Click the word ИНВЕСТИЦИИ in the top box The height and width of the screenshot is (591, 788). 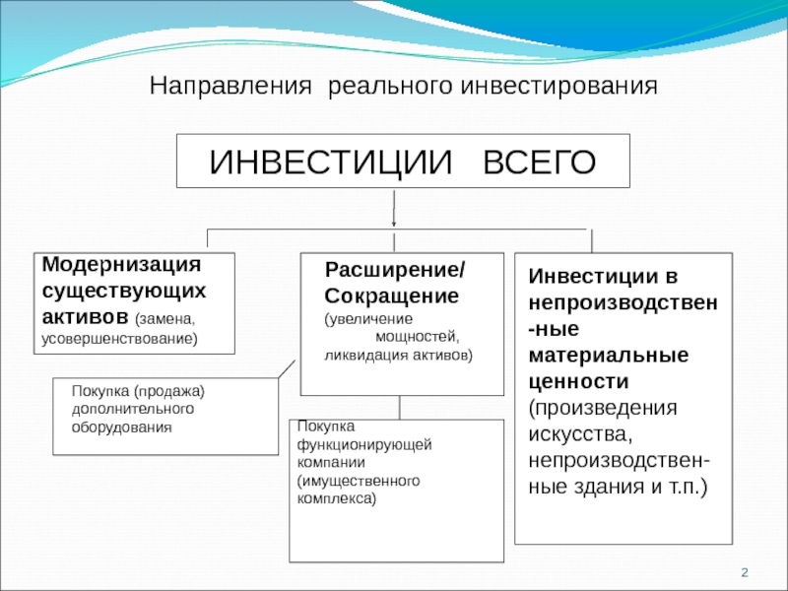324,162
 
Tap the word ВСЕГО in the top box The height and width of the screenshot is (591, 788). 539,162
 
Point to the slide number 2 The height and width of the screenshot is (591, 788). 746,573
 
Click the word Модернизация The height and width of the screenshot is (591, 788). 121,266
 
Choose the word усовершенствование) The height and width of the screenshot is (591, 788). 119,339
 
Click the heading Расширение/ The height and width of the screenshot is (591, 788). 396,271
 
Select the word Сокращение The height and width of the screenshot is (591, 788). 391,295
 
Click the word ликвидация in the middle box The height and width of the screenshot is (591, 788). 360,355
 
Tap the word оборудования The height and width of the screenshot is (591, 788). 122,427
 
